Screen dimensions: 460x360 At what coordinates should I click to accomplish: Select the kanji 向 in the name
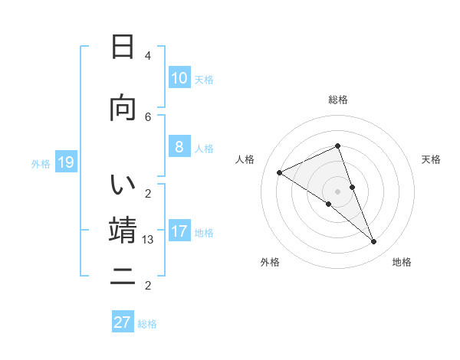pyautogui.click(x=123, y=108)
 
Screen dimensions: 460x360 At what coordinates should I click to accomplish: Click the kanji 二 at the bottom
pyautogui.click(x=123, y=278)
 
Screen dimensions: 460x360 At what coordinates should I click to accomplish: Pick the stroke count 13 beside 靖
pyautogui.click(x=149, y=240)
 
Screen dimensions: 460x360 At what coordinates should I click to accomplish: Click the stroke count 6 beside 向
pyautogui.click(x=148, y=116)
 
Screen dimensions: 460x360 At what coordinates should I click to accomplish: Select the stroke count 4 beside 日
pyautogui.click(x=148, y=56)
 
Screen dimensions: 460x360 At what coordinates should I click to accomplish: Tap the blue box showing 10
pyautogui.click(x=179, y=77)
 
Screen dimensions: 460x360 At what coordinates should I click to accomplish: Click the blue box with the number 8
pyautogui.click(x=179, y=147)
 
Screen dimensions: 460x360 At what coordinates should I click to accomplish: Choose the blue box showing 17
pyautogui.click(x=179, y=231)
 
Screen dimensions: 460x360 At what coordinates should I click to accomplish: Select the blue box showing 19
pyautogui.click(x=66, y=162)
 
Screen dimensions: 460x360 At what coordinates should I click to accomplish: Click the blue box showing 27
pyautogui.click(x=123, y=322)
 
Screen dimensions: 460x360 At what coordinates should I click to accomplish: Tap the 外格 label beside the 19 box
pyautogui.click(x=41, y=163)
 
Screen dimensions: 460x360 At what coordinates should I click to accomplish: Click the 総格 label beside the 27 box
pyautogui.click(x=148, y=324)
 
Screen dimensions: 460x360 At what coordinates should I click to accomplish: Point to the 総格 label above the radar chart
pyautogui.click(x=338, y=100)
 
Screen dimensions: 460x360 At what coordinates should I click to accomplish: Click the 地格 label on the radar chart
pyautogui.click(x=402, y=263)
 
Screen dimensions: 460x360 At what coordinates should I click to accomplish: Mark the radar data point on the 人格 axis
pyautogui.click(x=279, y=172)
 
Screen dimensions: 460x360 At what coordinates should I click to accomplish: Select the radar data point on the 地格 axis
pyautogui.click(x=374, y=242)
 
